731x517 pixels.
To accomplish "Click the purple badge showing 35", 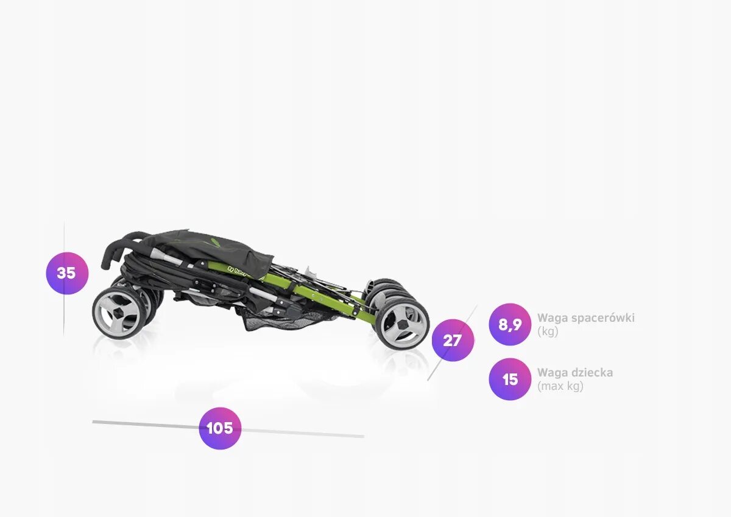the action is (67, 273).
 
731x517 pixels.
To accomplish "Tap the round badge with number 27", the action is (453, 340).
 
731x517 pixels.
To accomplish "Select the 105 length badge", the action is (220, 428).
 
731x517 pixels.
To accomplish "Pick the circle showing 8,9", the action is (510, 324).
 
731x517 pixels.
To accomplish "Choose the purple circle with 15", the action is (510, 379).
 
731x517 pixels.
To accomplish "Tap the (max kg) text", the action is (560, 386).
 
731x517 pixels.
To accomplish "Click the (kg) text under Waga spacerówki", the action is (547, 331).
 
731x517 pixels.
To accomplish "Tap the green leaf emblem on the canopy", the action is (216, 242).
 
